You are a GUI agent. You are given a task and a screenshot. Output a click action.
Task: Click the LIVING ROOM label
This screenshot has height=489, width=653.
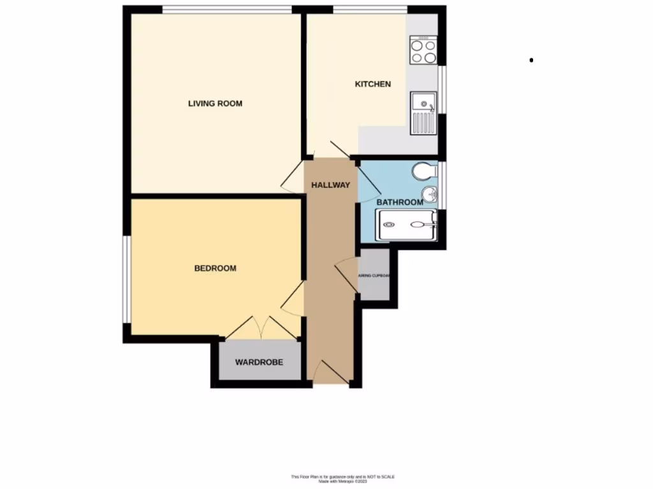tap(215, 103)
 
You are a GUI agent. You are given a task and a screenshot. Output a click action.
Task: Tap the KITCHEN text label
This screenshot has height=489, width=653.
tap(372, 84)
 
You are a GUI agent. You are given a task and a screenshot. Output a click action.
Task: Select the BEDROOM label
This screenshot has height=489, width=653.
tap(215, 268)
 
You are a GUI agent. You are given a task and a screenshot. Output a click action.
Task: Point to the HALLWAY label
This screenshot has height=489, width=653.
tap(330, 185)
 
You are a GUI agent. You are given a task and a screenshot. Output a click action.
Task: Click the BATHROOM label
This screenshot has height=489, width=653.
tap(399, 202)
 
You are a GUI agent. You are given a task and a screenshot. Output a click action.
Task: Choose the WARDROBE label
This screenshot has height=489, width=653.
tap(258, 362)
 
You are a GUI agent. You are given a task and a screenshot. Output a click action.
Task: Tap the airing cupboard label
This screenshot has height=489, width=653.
tap(374, 276)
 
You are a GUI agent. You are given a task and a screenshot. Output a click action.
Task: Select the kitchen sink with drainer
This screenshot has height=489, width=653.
tap(423, 113)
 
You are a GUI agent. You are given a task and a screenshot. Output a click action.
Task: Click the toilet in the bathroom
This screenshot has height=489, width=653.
tap(423, 171)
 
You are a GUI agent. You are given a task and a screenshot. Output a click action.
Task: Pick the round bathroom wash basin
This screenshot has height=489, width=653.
tap(430, 194)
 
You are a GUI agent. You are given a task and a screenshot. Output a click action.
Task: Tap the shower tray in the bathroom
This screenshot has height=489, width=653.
tap(406, 225)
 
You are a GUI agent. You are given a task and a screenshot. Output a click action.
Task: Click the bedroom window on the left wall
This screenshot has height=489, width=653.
tap(127, 280)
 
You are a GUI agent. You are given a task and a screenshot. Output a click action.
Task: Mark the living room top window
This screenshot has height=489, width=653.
tap(227, 10)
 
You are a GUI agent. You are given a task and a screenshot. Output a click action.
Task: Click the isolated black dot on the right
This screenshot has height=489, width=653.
tap(531, 60)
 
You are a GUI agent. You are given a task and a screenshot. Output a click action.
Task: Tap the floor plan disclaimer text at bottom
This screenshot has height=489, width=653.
tap(342, 479)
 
